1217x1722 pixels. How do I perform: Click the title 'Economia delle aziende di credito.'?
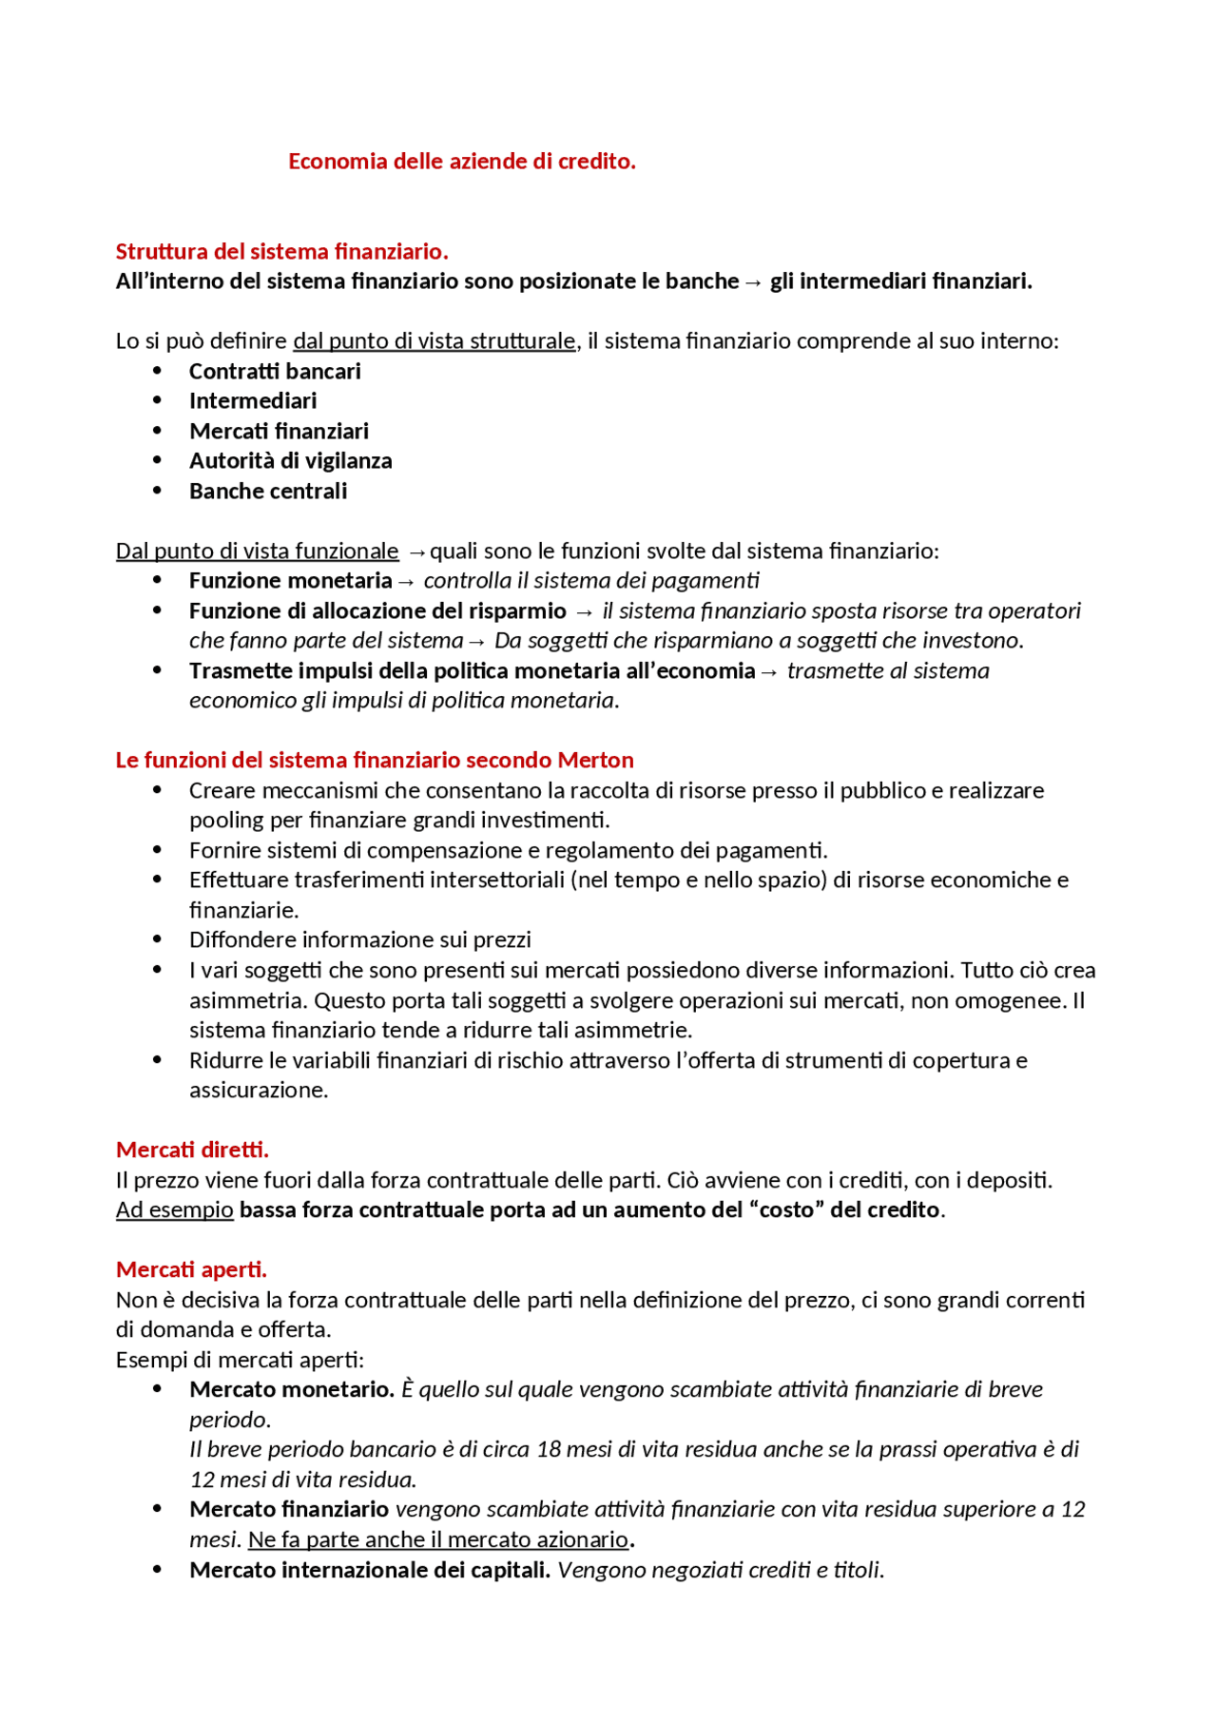click(462, 162)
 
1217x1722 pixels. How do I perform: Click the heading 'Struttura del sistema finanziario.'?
click(281, 252)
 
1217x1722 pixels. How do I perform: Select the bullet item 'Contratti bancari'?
click(275, 372)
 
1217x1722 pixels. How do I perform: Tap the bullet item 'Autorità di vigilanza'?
click(290, 461)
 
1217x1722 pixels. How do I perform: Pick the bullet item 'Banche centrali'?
click(268, 492)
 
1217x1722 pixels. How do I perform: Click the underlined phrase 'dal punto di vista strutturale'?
click(435, 341)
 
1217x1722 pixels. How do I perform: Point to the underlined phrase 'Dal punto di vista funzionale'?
click(257, 551)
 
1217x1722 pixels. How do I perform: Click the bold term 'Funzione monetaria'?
click(290, 581)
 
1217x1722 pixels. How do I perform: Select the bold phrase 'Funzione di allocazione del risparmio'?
click(377, 611)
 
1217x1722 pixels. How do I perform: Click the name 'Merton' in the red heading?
click(595, 761)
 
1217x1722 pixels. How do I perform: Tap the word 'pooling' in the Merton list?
click(224, 821)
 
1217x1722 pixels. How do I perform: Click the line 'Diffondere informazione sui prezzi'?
click(359, 940)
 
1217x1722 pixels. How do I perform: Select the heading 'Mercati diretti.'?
click(192, 1151)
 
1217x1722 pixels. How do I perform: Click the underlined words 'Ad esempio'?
click(174, 1210)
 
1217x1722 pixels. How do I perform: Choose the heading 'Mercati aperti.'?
click(191, 1270)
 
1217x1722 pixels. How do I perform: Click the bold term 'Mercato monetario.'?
click(292, 1390)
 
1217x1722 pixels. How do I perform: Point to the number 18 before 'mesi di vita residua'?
click(550, 1450)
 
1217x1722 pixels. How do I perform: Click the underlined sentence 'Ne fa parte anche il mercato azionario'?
click(438, 1539)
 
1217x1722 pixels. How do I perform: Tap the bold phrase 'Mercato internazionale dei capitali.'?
click(370, 1570)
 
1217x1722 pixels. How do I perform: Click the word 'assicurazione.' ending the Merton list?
click(259, 1091)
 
